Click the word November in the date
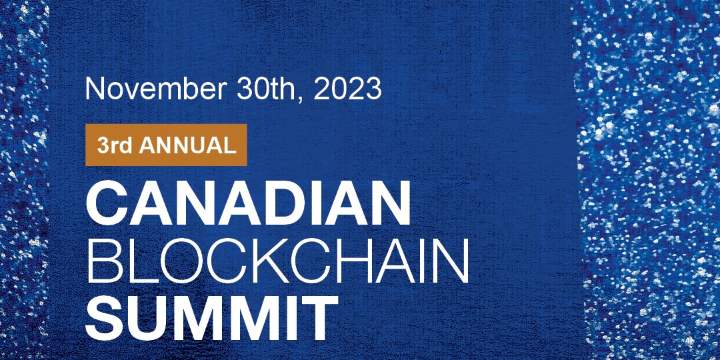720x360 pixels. coord(155,89)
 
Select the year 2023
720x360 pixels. coord(347,89)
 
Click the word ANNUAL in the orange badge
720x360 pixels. coord(187,145)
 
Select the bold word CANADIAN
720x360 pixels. coord(248,203)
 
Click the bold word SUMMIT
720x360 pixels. coord(212,317)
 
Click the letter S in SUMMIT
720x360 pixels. coord(105,317)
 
